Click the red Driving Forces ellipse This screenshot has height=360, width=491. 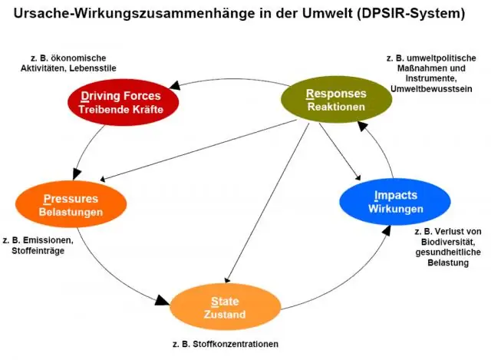click(120, 102)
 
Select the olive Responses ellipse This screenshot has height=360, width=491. click(335, 100)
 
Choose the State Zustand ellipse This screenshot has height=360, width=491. click(224, 307)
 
